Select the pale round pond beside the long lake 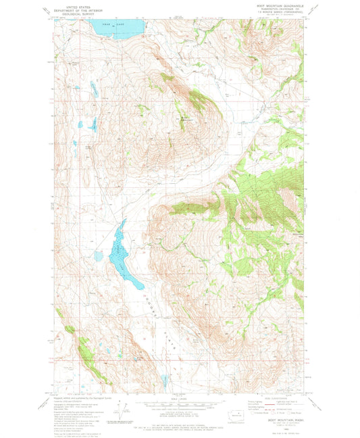click(x=99, y=256)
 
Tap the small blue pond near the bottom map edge click(x=164, y=382)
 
